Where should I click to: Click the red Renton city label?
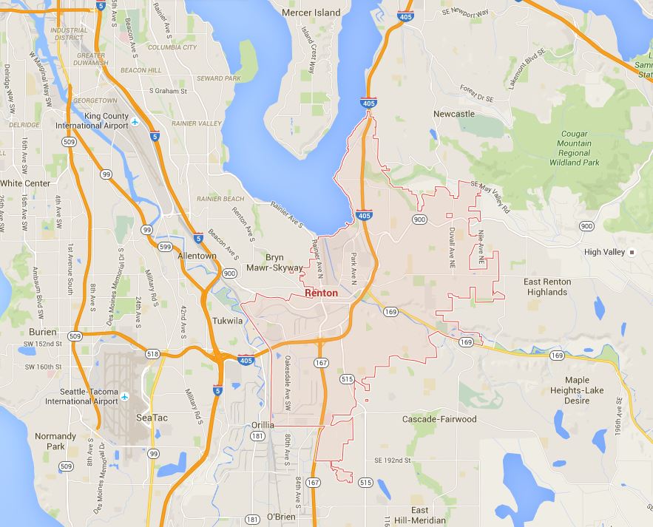[322, 293]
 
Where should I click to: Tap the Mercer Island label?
[311, 13]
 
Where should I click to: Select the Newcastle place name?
[453, 115]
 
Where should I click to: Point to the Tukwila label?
[228, 322]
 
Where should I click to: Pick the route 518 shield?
[152, 354]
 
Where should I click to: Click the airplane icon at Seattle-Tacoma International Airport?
[125, 396]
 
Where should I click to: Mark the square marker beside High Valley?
[632, 252]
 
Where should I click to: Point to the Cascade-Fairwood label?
[439, 419]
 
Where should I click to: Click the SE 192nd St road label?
[392, 460]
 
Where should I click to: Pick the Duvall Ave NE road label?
[452, 245]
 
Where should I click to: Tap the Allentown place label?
[197, 256]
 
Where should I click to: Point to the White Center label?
[25, 183]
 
